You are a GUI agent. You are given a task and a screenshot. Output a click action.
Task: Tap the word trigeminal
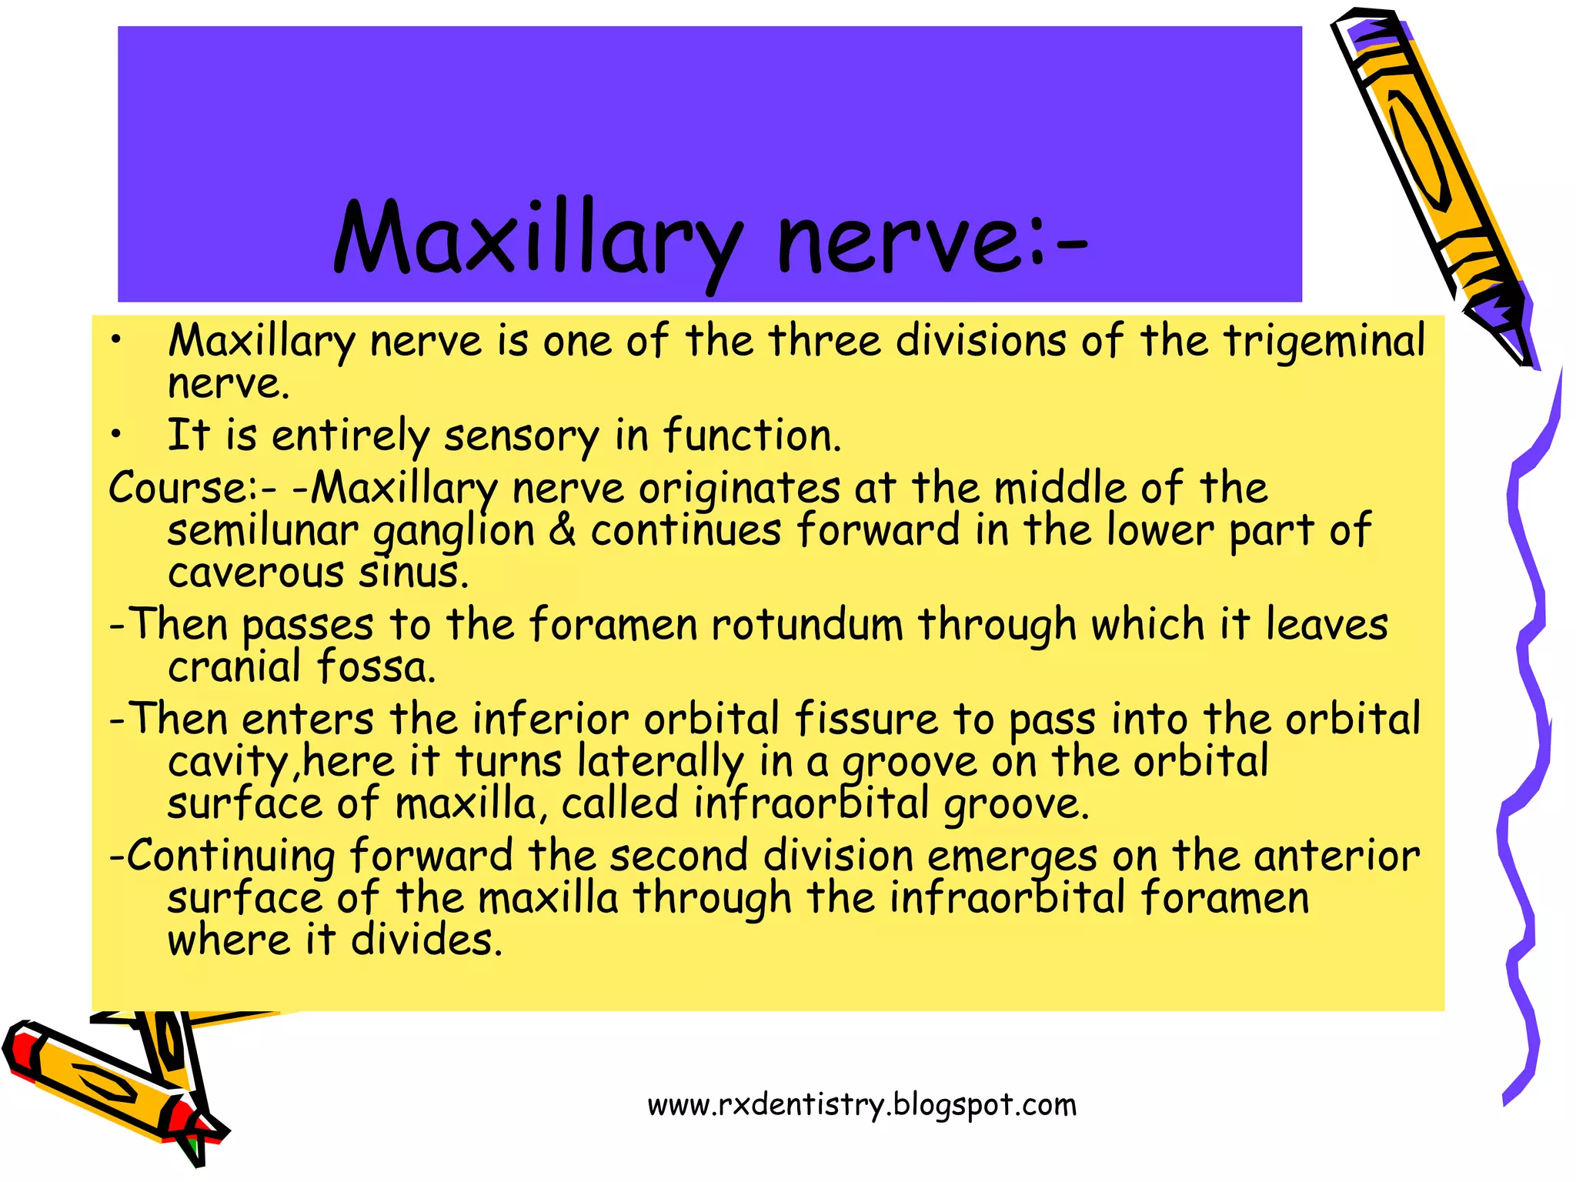click(1324, 341)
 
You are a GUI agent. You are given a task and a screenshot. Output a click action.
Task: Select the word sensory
click(521, 436)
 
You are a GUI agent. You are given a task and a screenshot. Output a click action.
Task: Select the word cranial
click(234, 666)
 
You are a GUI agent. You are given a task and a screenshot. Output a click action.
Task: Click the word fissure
click(866, 719)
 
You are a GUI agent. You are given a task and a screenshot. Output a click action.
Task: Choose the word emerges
click(1011, 856)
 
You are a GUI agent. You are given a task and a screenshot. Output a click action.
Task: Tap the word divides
click(426, 940)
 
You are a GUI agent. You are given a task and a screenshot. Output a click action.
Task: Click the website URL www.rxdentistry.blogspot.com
click(862, 1105)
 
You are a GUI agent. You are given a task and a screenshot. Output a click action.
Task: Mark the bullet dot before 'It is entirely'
click(115, 436)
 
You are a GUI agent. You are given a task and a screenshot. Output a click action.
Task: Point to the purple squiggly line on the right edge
click(1528, 731)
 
